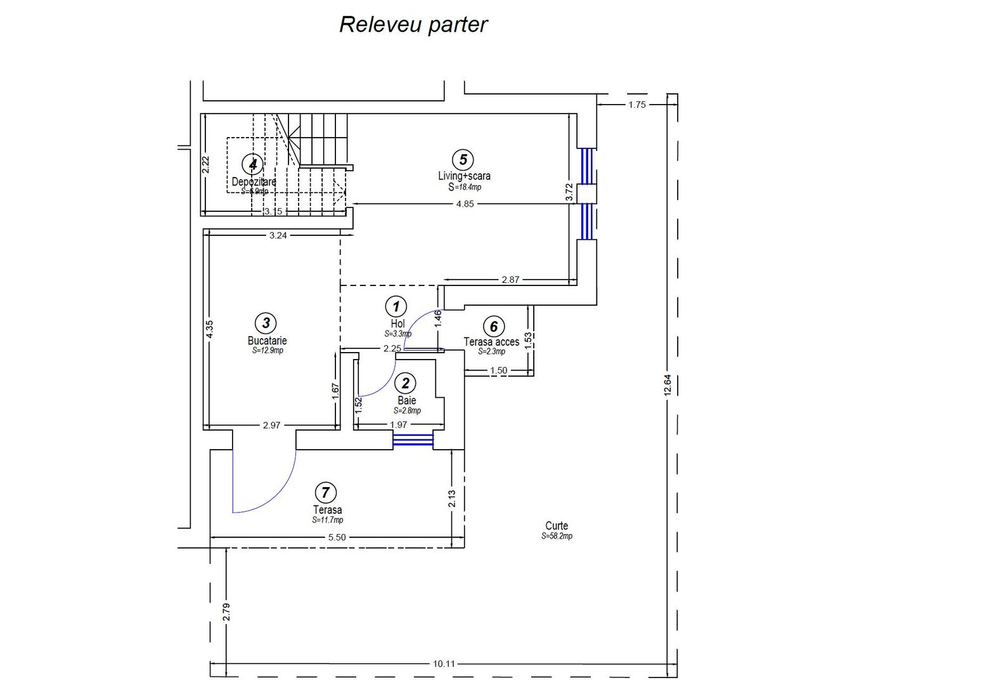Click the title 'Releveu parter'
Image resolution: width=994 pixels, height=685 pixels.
[x=413, y=25]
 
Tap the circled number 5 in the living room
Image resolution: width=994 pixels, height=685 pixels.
[x=463, y=160]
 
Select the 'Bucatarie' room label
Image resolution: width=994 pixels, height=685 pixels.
[x=267, y=341]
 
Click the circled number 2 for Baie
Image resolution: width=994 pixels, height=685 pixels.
[x=405, y=383]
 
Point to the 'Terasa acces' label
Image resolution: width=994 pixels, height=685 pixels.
[x=491, y=342]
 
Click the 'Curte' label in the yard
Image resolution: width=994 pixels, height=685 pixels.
[x=557, y=526]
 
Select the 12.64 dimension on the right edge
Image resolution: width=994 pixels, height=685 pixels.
[x=666, y=385]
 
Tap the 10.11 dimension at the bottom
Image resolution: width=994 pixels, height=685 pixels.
[x=444, y=664]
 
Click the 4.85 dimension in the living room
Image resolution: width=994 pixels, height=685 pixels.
[x=465, y=204]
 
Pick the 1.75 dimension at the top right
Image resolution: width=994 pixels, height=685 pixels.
[x=636, y=105]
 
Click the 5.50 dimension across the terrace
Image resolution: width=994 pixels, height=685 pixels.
[x=336, y=537]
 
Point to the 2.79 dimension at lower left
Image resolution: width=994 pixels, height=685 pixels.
[x=227, y=611]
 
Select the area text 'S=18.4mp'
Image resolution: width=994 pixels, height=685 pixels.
[x=465, y=187]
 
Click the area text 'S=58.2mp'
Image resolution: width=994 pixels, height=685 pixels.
[x=557, y=537]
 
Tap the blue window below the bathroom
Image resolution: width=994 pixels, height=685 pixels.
[x=413, y=440]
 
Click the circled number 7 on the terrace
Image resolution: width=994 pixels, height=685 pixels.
[x=325, y=492]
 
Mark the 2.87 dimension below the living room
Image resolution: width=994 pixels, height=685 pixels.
[x=510, y=279]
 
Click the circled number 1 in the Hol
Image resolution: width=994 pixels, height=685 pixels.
[x=396, y=307]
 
